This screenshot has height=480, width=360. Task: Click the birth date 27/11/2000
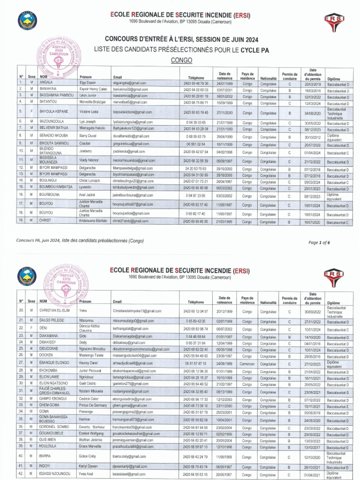click(225, 113)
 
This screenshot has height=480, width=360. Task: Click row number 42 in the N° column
click(22, 474)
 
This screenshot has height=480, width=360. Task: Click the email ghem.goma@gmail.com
click(130, 405)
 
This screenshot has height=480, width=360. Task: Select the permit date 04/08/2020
click(312, 113)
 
